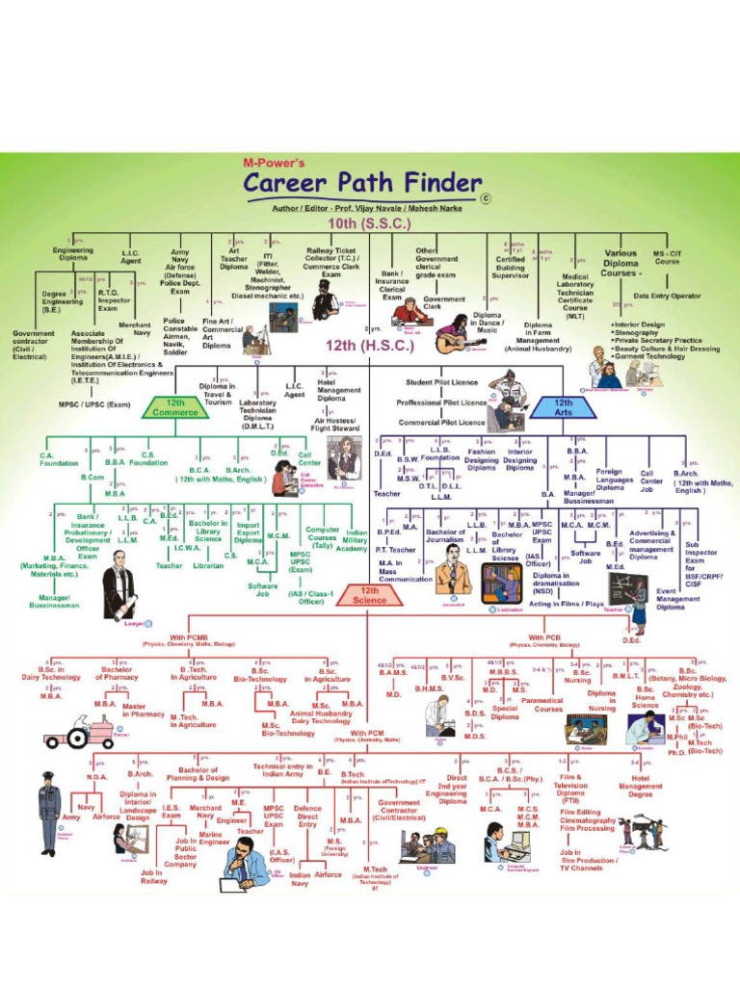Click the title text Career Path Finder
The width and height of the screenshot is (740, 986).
362,184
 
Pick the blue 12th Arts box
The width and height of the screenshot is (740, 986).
564,407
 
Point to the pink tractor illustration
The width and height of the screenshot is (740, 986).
79,737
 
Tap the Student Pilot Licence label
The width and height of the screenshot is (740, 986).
441,382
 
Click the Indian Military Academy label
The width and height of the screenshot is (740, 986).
357,540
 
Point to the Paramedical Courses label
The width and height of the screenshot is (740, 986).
548,705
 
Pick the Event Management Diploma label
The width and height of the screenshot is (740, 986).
678,598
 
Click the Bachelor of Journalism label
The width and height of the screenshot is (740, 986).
445,538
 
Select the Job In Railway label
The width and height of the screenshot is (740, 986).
153,875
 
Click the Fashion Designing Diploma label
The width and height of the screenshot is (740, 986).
482,459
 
